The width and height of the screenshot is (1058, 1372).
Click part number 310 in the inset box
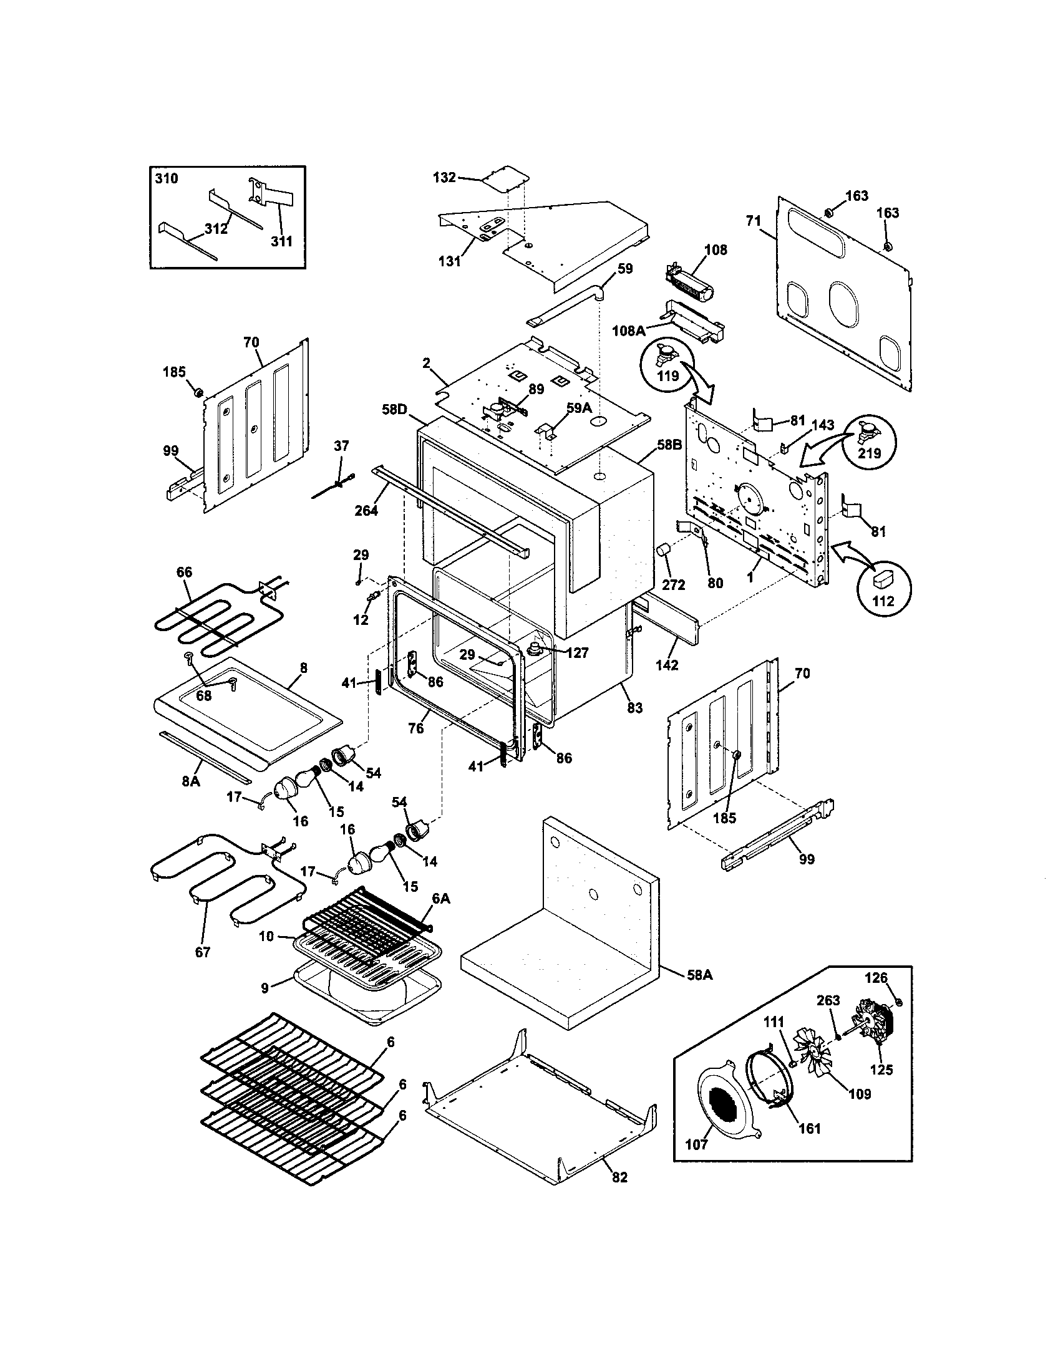pyautogui.click(x=167, y=178)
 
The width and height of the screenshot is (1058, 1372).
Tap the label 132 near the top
pyautogui.click(x=444, y=178)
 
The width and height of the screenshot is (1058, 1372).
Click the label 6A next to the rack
pyautogui.click(x=441, y=899)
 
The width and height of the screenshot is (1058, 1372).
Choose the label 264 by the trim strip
pyautogui.click(x=366, y=510)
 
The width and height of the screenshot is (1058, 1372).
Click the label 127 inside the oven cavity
pyautogui.click(x=577, y=654)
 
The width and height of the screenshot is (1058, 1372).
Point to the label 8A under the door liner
pyautogui.click(x=191, y=782)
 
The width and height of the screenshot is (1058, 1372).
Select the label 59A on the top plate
pyautogui.click(x=580, y=408)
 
